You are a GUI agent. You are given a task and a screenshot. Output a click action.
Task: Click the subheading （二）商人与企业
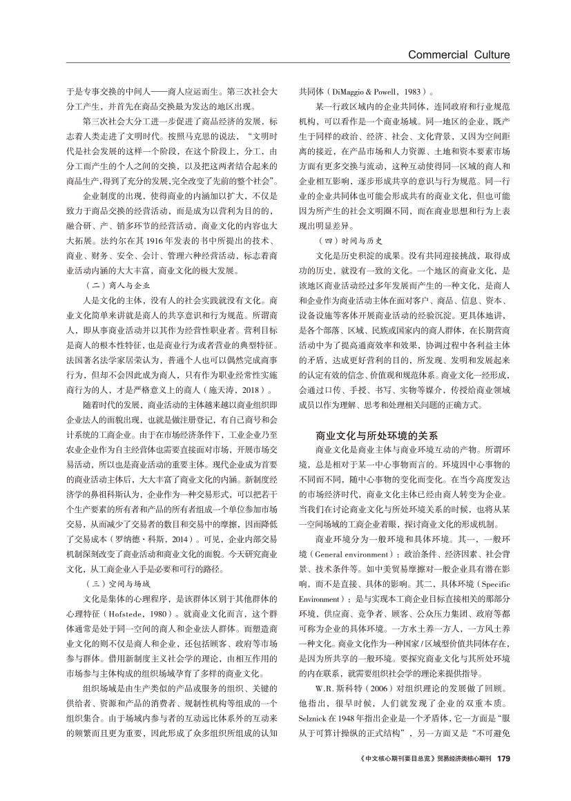coord(117,284)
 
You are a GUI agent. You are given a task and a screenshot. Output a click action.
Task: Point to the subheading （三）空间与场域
coord(117,583)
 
